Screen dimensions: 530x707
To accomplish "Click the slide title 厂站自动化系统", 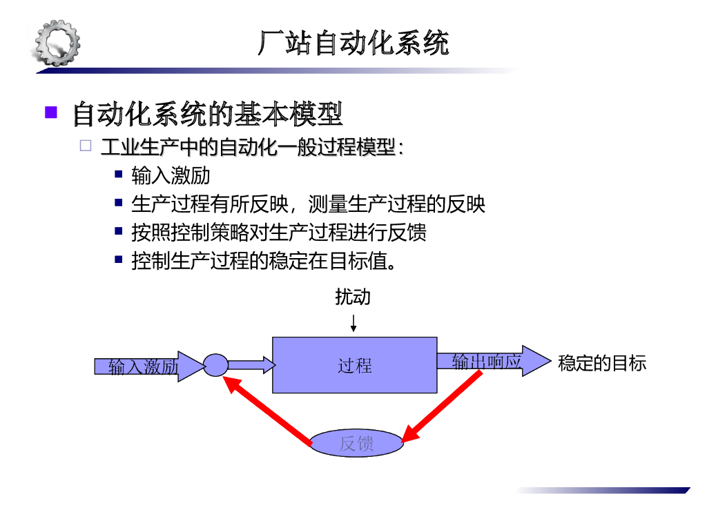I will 353,43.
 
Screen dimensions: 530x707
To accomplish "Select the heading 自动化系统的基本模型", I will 207,114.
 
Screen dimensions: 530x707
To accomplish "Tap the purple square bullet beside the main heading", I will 51,112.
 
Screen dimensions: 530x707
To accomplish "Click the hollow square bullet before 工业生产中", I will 85,146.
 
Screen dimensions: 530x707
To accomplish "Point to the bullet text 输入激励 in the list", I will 171,175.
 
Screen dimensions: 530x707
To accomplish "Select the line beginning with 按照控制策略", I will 278,232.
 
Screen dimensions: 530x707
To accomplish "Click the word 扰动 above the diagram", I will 353,297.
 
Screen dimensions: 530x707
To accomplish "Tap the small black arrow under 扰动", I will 353,323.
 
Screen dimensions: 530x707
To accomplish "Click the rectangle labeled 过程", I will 355,365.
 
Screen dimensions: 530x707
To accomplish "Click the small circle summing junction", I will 215,364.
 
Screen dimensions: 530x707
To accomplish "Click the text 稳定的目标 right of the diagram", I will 601,363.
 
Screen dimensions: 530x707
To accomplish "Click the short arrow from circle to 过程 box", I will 251,364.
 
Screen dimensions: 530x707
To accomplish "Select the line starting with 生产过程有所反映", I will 308,204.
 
